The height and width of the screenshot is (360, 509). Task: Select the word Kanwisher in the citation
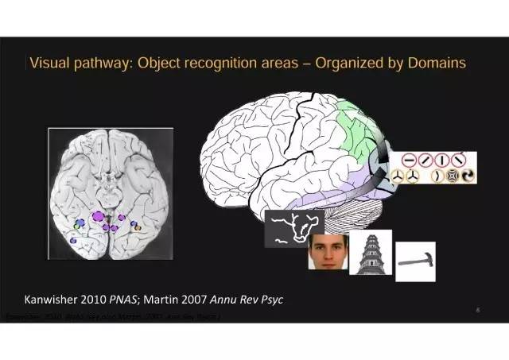coord(57,300)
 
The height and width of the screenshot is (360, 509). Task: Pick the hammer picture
coord(415,261)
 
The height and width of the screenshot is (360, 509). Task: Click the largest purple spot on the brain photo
coord(99,215)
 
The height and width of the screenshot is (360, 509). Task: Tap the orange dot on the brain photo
coord(138,227)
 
